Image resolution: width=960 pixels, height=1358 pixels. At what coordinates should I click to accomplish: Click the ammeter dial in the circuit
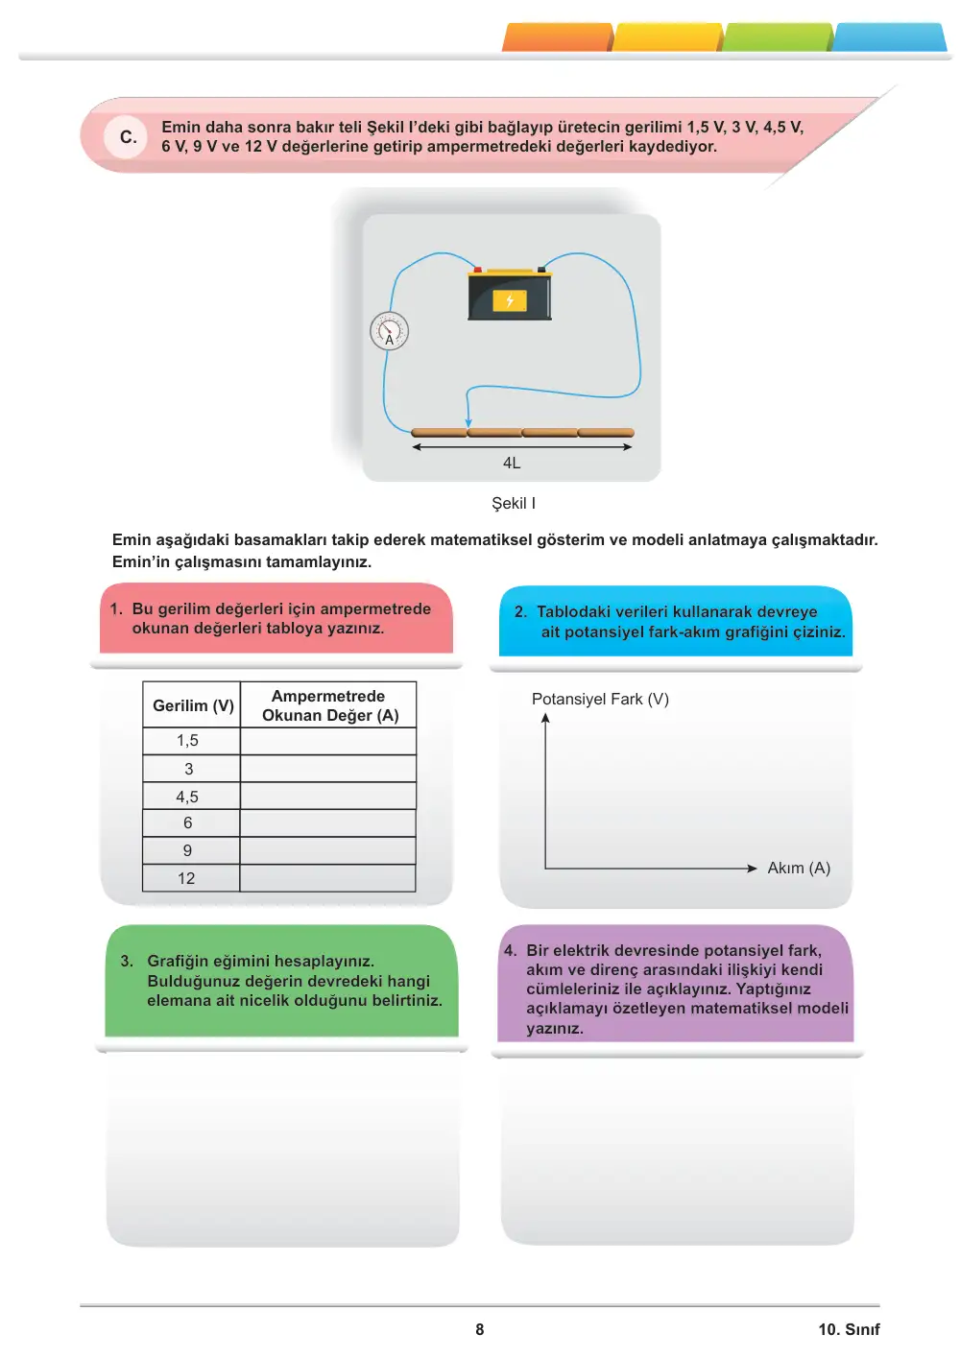(x=389, y=331)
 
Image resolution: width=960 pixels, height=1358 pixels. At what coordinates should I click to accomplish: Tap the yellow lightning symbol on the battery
(x=510, y=300)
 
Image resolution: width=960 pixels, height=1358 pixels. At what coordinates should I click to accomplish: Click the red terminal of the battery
(x=477, y=269)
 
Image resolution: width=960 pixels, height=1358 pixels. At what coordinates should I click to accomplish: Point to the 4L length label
(x=512, y=463)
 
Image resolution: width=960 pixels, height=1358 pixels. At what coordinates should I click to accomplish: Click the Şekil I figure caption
(x=513, y=503)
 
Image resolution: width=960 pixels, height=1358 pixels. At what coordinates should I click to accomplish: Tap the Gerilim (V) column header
(x=192, y=705)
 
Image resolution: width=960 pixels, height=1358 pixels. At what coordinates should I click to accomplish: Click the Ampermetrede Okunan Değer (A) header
(x=329, y=705)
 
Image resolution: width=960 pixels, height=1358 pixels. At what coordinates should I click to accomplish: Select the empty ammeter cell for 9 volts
(x=328, y=850)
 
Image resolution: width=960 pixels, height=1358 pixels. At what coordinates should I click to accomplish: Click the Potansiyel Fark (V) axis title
(x=600, y=699)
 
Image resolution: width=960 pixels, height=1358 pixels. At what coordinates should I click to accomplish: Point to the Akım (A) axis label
(x=798, y=868)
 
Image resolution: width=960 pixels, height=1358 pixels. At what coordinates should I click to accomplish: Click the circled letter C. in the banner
(x=127, y=137)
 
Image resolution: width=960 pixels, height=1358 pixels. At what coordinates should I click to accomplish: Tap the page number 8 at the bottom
(x=479, y=1329)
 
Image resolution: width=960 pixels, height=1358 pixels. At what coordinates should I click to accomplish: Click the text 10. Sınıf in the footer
(x=849, y=1329)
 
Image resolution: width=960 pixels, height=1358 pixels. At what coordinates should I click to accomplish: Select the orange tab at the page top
(x=557, y=37)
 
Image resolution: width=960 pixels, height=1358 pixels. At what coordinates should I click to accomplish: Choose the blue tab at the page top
(x=889, y=37)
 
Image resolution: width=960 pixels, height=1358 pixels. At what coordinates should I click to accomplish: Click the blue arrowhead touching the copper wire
(x=468, y=422)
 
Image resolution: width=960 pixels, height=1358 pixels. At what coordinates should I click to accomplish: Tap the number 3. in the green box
(x=126, y=961)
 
